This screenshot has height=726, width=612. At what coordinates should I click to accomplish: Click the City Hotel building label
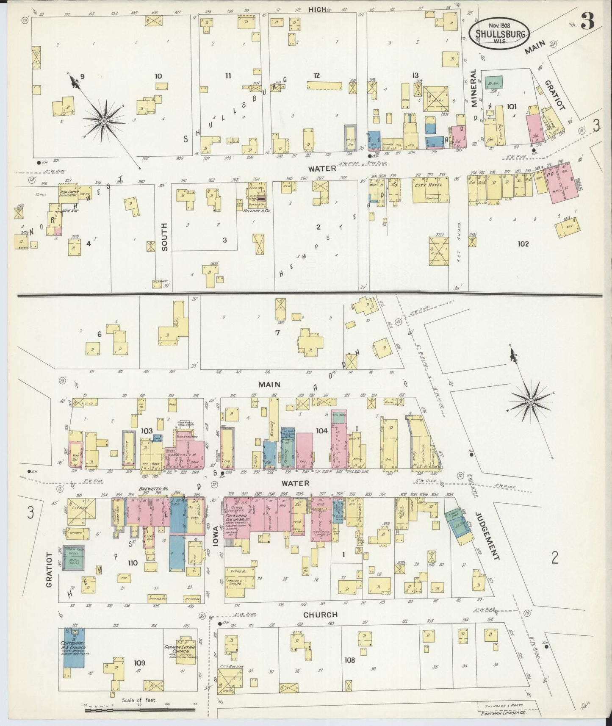click(431, 185)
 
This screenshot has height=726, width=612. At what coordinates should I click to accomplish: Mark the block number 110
click(132, 563)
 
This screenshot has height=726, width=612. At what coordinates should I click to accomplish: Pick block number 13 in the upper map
click(415, 75)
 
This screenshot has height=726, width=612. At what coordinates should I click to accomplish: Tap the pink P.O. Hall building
click(560, 179)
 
